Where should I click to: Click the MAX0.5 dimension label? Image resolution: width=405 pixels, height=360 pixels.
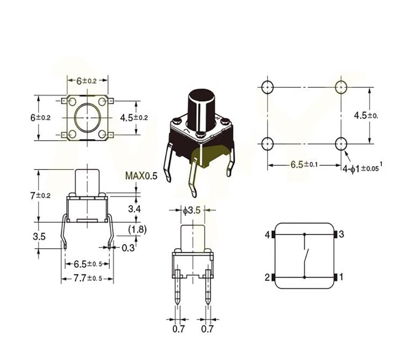pyautogui.click(x=141, y=176)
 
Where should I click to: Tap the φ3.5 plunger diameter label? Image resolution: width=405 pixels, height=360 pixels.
pyautogui.click(x=191, y=210)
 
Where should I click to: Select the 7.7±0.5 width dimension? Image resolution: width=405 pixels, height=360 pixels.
pyautogui.click(x=87, y=279)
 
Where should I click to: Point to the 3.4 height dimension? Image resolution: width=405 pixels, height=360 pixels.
pyautogui.click(x=135, y=209)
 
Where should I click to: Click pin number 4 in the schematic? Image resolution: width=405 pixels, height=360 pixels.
pyautogui.click(x=267, y=234)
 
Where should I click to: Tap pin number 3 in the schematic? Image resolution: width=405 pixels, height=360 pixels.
pyautogui.click(x=342, y=234)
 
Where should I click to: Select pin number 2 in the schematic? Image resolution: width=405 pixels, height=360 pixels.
pyautogui.click(x=267, y=277)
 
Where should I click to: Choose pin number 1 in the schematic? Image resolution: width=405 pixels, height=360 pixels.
pyautogui.click(x=341, y=277)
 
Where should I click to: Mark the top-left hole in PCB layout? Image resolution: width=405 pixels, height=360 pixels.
pyautogui.click(x=268, y=86)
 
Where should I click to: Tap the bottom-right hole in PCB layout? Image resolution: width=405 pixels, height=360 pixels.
pyautogui.click(x=341, y=144)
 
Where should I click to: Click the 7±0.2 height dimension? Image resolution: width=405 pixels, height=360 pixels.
pyautogui.click(x=40, y=196)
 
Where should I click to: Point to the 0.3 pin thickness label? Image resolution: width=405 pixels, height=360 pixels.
pyautogui.click(x=128, y=247)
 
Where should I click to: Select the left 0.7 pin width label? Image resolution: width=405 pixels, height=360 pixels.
pyautogui.click(x=179, y=329)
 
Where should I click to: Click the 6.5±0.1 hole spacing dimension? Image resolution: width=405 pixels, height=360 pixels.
pyautogui.click(x=304, y=165)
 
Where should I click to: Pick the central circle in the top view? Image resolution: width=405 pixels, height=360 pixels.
pyautogui.click(x=87, y=117)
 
